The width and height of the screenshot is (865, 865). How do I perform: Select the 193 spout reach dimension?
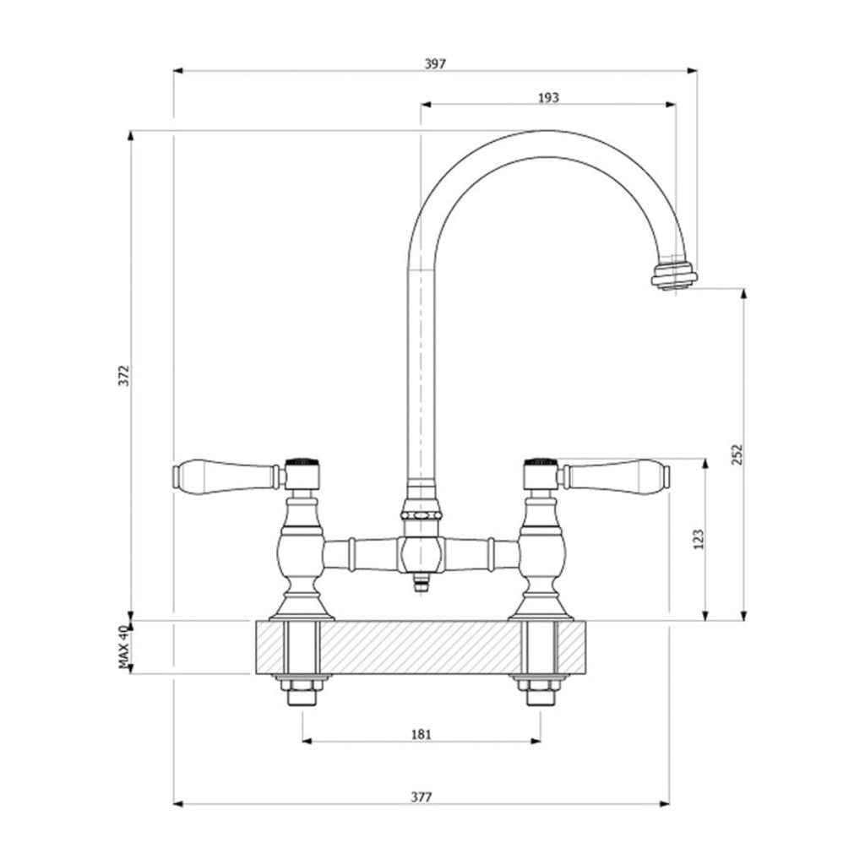tap(548, 98)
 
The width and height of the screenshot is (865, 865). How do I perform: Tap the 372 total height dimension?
tap(122, 375)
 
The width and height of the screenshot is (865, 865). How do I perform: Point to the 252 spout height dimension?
tap(736, 455)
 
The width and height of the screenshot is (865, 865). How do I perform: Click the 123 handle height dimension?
tap(698, 540)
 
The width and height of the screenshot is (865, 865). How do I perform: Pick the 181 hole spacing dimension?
tap(421, 734)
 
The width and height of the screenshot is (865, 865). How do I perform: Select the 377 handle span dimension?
tap(421, 797)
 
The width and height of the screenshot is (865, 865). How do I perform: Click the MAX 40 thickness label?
tap(122, 648)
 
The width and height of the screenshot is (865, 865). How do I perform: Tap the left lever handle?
tap(226, 476)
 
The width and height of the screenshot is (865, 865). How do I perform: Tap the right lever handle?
tap(616, 476)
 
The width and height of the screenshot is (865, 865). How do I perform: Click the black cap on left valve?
tap(302, 463)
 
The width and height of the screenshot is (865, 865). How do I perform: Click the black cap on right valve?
tap(541, 463)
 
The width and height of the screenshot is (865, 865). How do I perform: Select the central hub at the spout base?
tap(421, 555)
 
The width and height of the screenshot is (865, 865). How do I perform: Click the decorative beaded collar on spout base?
tap(421, 513)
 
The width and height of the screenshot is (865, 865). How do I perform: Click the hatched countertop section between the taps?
tap(421, 647)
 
